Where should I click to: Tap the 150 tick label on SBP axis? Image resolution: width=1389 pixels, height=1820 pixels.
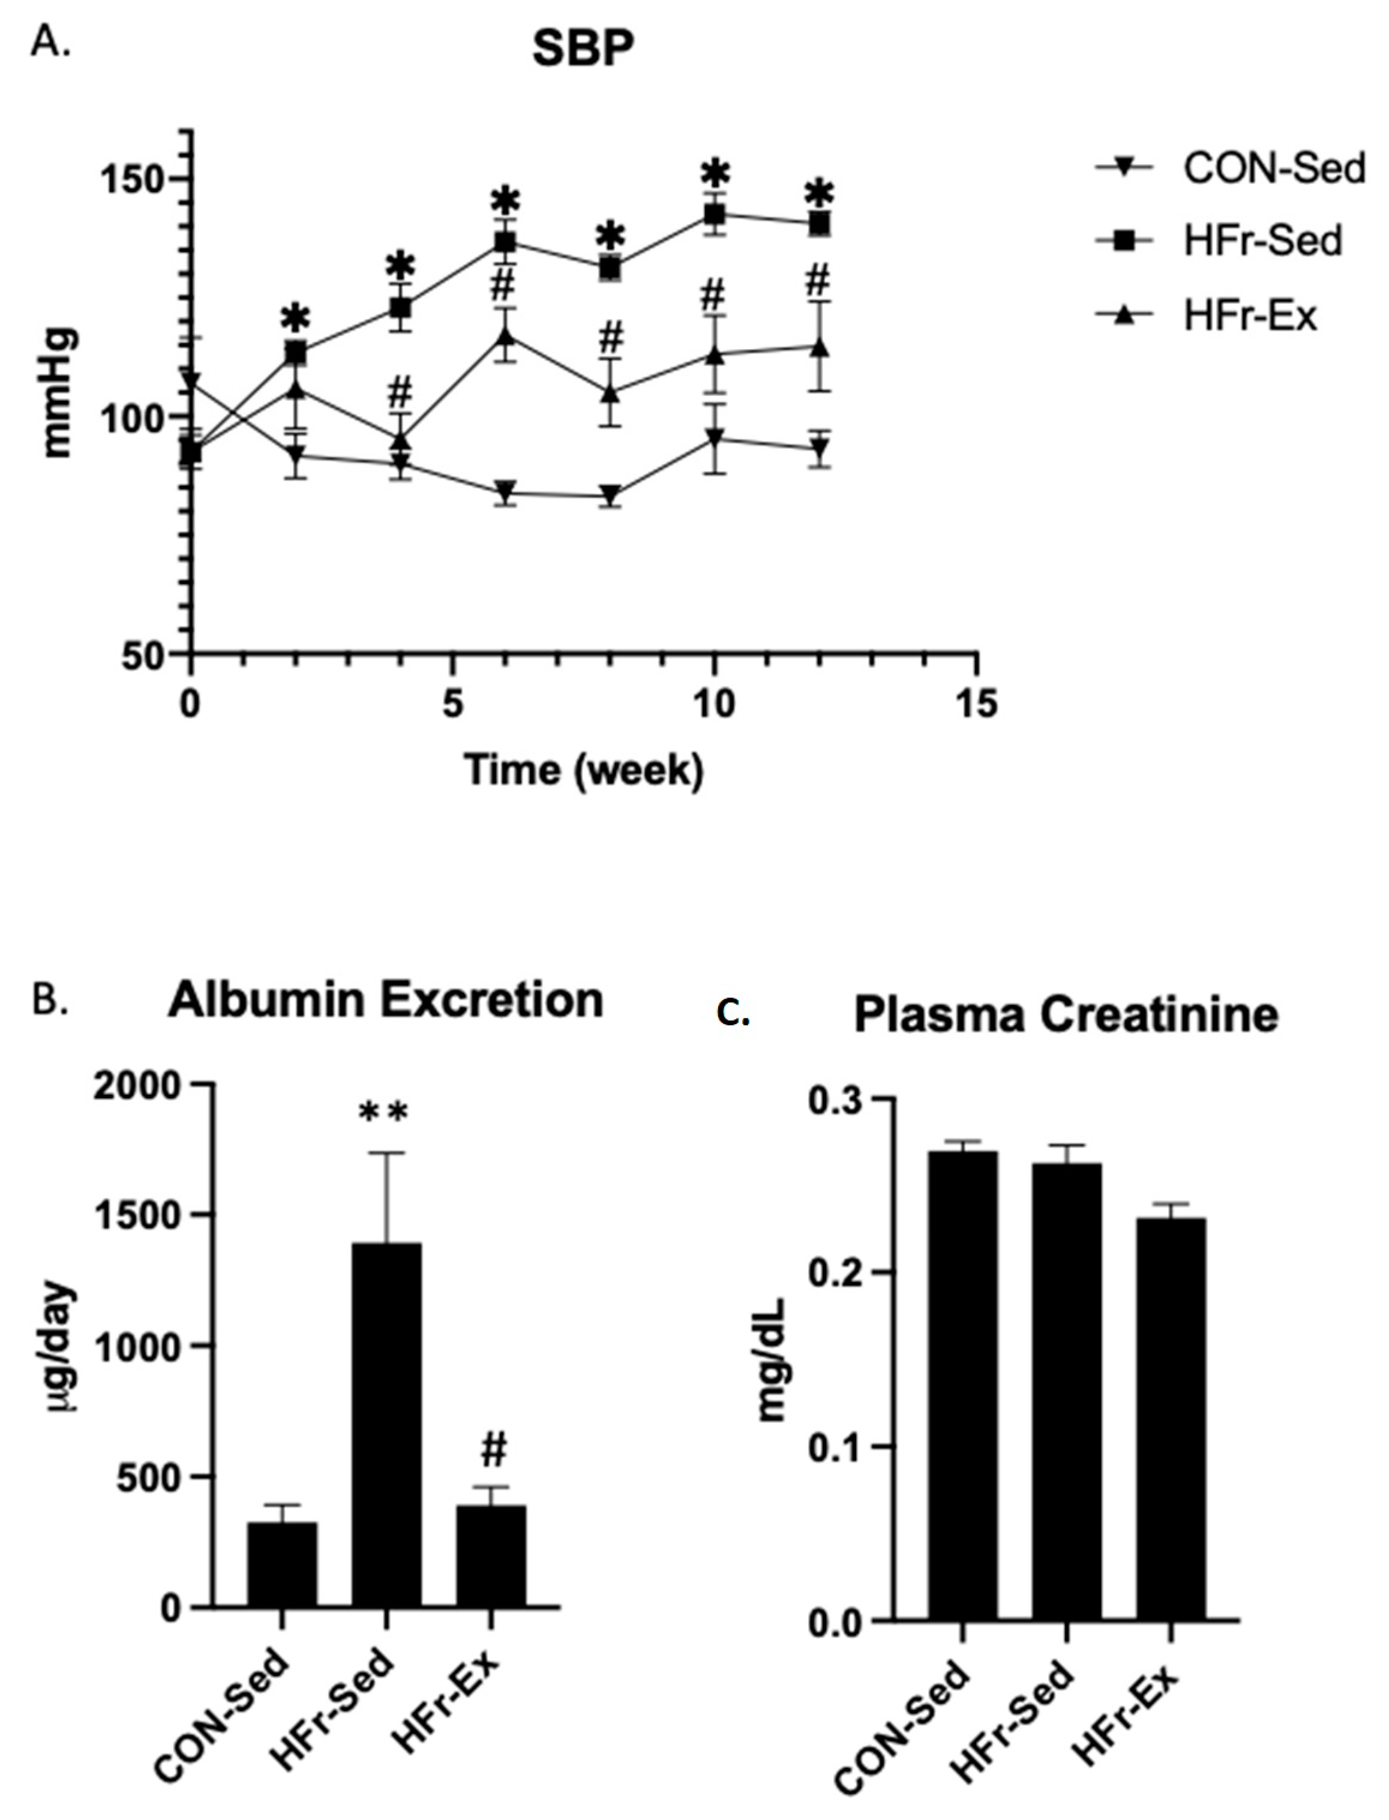131,179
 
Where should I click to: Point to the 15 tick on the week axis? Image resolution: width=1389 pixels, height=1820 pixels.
977,705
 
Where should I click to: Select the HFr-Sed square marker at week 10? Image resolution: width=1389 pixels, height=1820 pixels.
715,215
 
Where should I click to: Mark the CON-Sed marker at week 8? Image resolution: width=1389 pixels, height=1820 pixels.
610,494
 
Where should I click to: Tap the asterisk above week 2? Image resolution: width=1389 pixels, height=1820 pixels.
295,318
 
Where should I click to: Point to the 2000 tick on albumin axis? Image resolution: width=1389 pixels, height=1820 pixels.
136,1085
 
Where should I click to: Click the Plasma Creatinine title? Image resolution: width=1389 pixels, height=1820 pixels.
1066,1015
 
